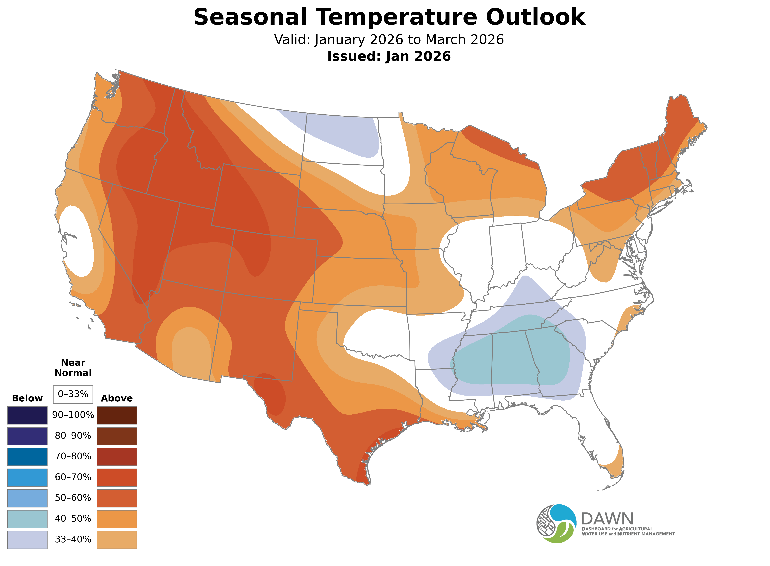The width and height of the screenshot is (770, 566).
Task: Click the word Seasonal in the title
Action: pos(250,17)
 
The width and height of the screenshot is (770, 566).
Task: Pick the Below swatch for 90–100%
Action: pos(27,415)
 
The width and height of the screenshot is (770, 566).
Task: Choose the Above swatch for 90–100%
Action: pos(117,415)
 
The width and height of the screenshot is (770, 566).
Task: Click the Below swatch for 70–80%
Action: pos(27,457)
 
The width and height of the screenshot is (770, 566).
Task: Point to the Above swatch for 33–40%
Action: pos(117,540)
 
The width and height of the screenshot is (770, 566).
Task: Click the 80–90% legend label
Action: pos(73,436)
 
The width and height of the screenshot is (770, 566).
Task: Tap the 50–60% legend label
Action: pos(73,498)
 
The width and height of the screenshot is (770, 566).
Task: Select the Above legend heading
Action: pos(117,398)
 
